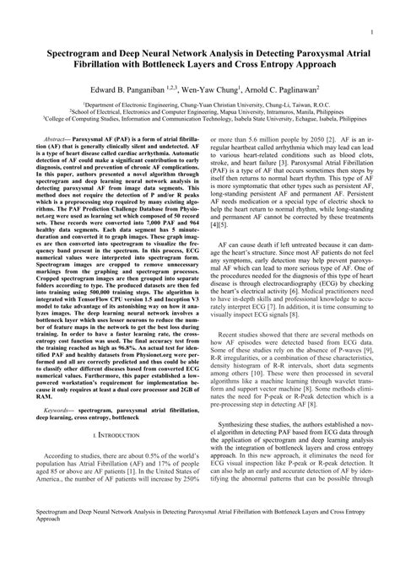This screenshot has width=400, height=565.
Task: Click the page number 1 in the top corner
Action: coord(372,35)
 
